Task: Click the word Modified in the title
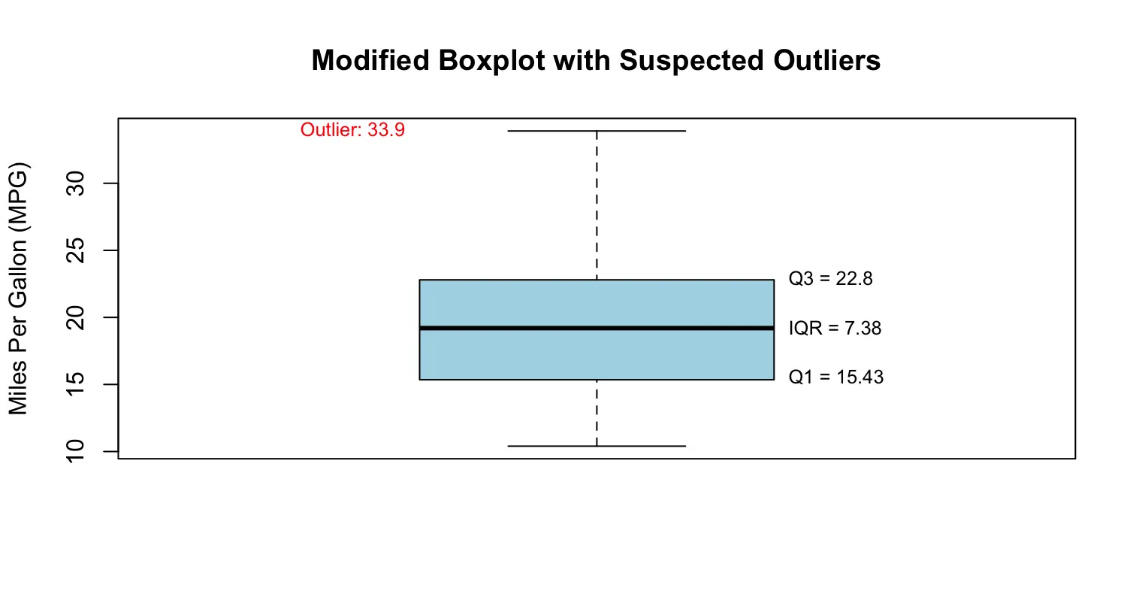pos(370,60)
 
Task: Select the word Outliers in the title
pos(826,60)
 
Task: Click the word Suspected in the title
pos(692,62)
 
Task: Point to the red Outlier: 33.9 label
pos(352,130)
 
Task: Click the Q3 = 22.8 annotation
pos(831,279)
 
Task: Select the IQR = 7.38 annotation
pos(835,329)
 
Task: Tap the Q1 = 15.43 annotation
pos(835,377)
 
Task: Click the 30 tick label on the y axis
pos(76,183)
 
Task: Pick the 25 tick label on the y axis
pos(76,250)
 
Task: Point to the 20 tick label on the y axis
pos(76,318)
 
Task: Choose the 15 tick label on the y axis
pos(76,384)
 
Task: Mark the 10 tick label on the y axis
pos(76,451)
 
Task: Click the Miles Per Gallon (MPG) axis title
pos(18,288)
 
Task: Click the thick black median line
pos(597,329)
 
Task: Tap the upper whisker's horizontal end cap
pos(597,131)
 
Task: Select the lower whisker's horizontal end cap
pos(597,446)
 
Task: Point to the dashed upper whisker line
pos(597,205)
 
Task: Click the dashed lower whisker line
pos(597,413)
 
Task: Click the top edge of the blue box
pos(597,280)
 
